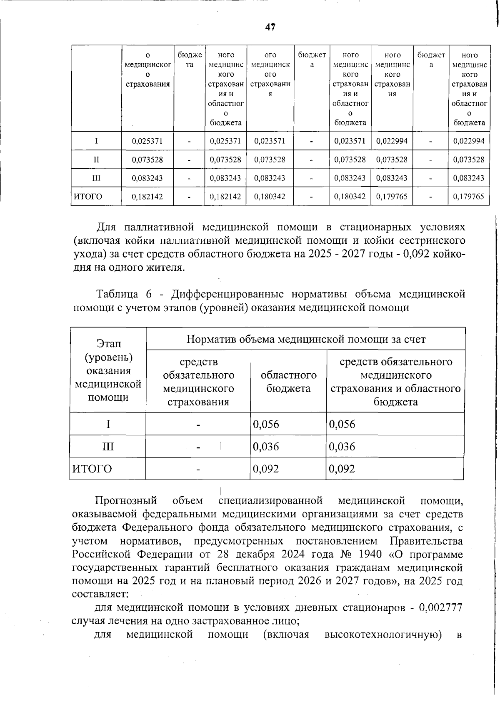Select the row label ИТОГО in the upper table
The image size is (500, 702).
88,196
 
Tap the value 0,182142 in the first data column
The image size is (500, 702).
147,196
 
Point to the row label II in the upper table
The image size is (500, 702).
96,160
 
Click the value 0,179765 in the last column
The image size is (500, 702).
469,196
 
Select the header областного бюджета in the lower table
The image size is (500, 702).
288,382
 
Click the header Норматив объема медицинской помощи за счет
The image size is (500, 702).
305,339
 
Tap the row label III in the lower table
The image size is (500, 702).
108,447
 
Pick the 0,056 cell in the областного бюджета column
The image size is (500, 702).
266,424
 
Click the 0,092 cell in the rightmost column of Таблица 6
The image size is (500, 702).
342,469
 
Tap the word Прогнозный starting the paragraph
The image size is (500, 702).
126,500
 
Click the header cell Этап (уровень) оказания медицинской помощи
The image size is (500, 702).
108,370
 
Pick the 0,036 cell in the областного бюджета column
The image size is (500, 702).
266,447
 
